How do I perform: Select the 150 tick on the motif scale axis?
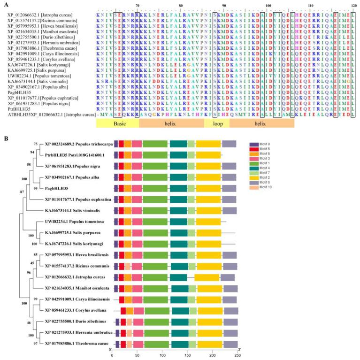pos(188,356)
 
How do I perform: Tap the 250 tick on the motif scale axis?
pos(238,356)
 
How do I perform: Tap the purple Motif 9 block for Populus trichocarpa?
pos(115,144)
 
